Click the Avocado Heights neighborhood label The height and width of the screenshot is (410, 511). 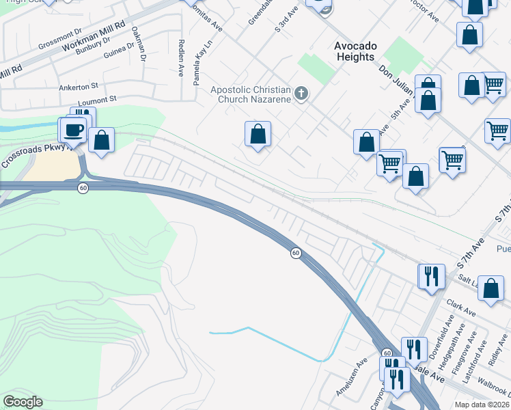click(x=355, y=51)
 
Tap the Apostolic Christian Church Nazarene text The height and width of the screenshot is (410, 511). click(x=251, y=94)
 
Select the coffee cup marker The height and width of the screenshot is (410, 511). click(x=73, y=130)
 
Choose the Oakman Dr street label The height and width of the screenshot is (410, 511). click(x=138, y=44)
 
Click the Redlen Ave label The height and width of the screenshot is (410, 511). click(x=181, y=62)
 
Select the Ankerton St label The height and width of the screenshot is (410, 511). click(x=79, y=86)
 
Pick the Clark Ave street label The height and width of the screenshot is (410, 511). click(x=460, y=307)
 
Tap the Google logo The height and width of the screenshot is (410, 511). click(x=23, y=402)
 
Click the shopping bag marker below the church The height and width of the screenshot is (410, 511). click(x=258, y=135)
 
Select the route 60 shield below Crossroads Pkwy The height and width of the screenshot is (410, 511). click(x=82, y=188)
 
